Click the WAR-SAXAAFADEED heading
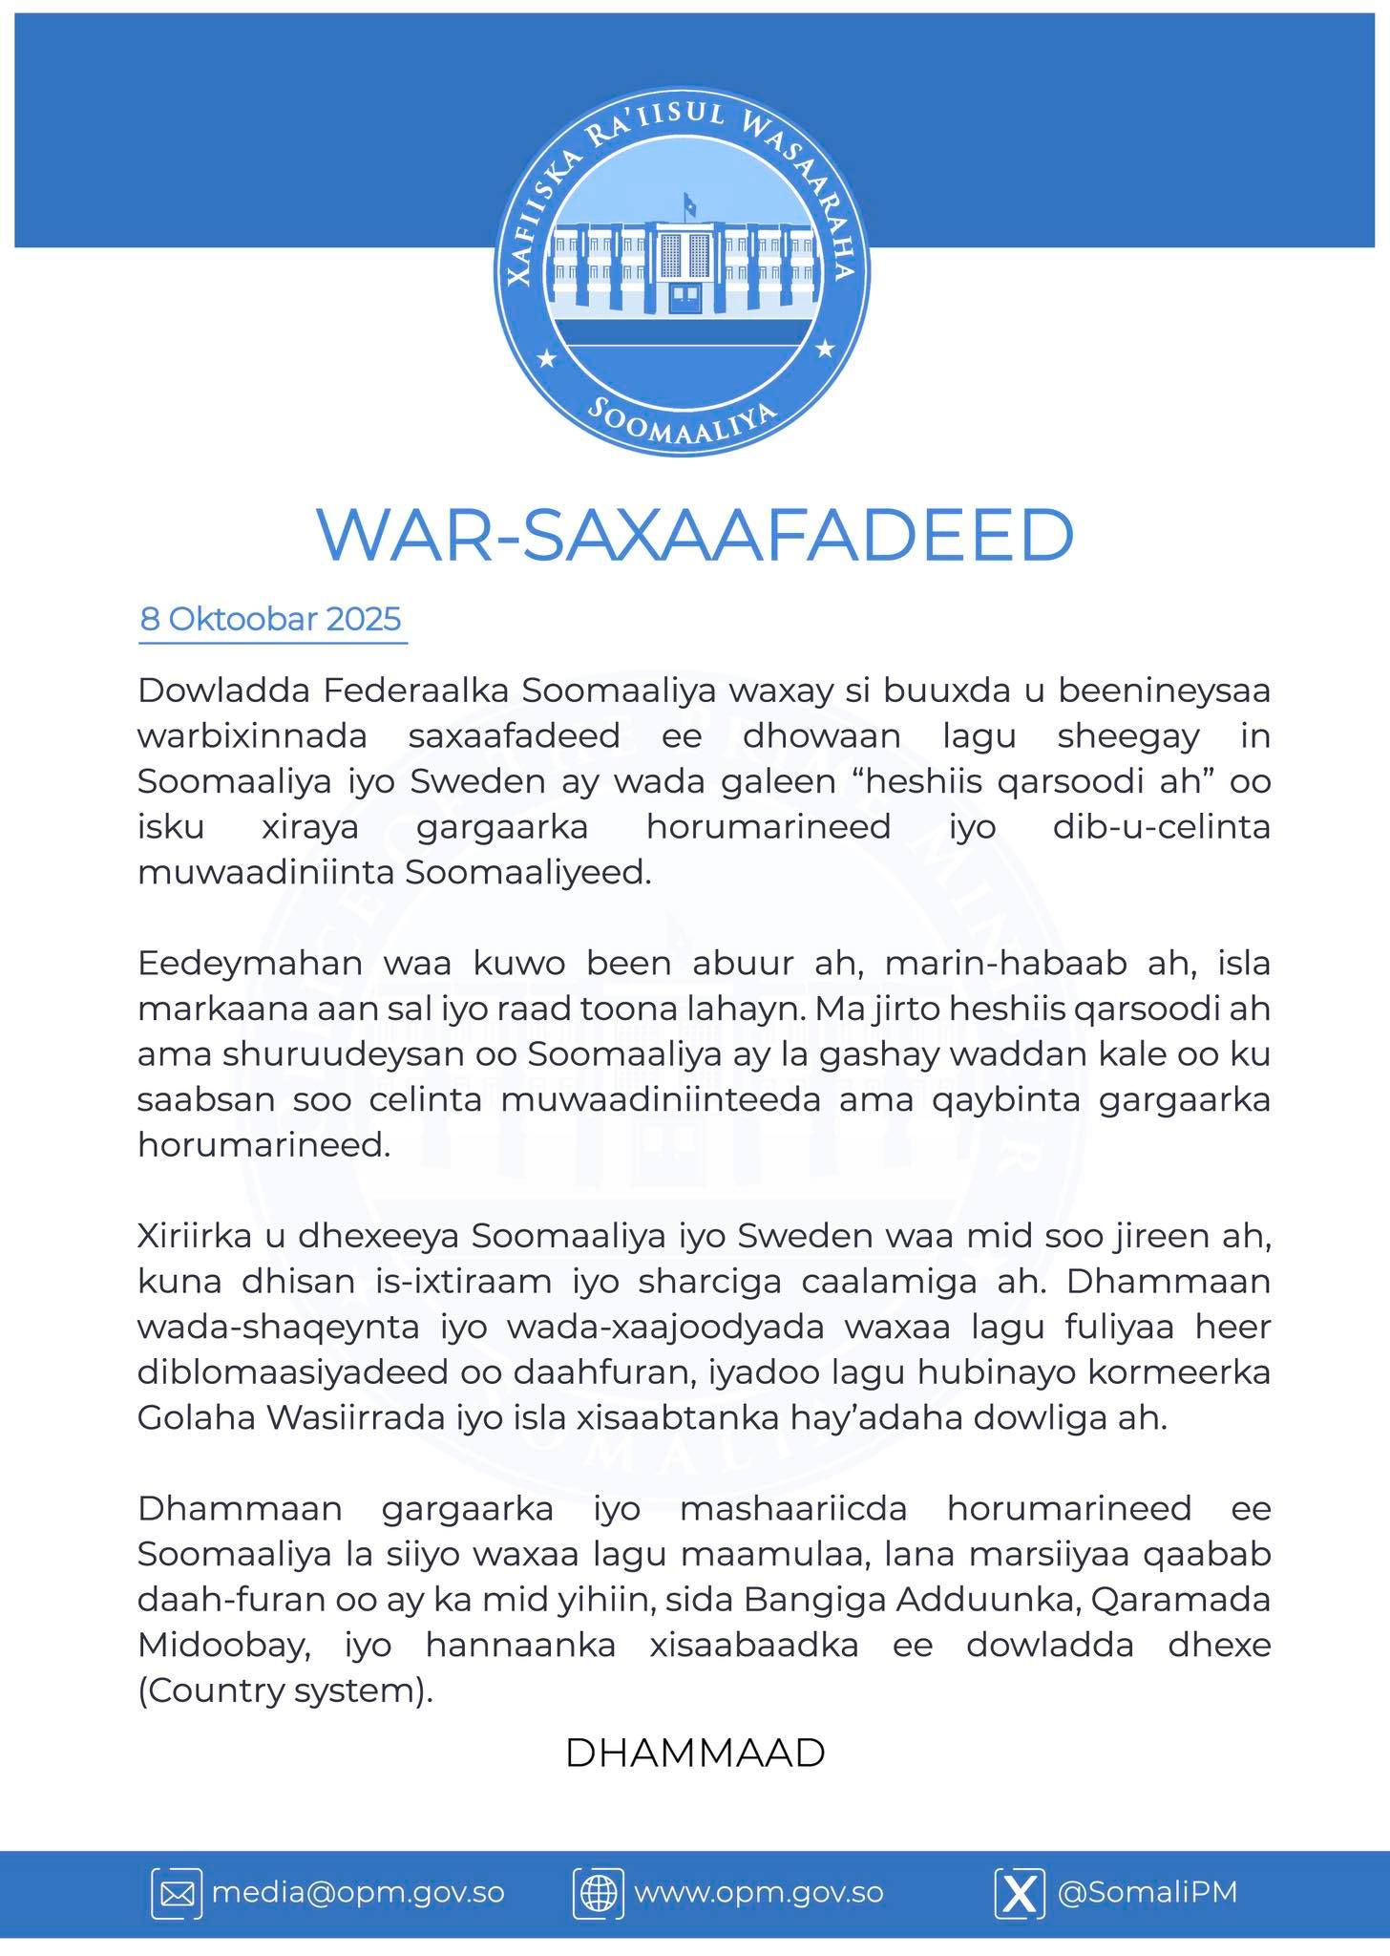click(x=695, y=537)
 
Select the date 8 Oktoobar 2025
click(x=271, y=620)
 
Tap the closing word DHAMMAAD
click(x=695, y=1754)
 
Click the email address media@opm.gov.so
click(x=357, y=1892)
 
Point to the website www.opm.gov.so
click(x=758, y=1892)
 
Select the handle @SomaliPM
click(x=1147, y=1892)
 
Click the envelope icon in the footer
click(x=177, y=1893)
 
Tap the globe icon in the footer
click(x=599, y=1893)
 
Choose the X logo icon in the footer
click(x=1020, y=1893)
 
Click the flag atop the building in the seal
click(x=687, y=202)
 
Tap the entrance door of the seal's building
click(x=684, y=298)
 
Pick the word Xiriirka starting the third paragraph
click(x=196, y=1237)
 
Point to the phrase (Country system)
click(x=284, y=1691)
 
